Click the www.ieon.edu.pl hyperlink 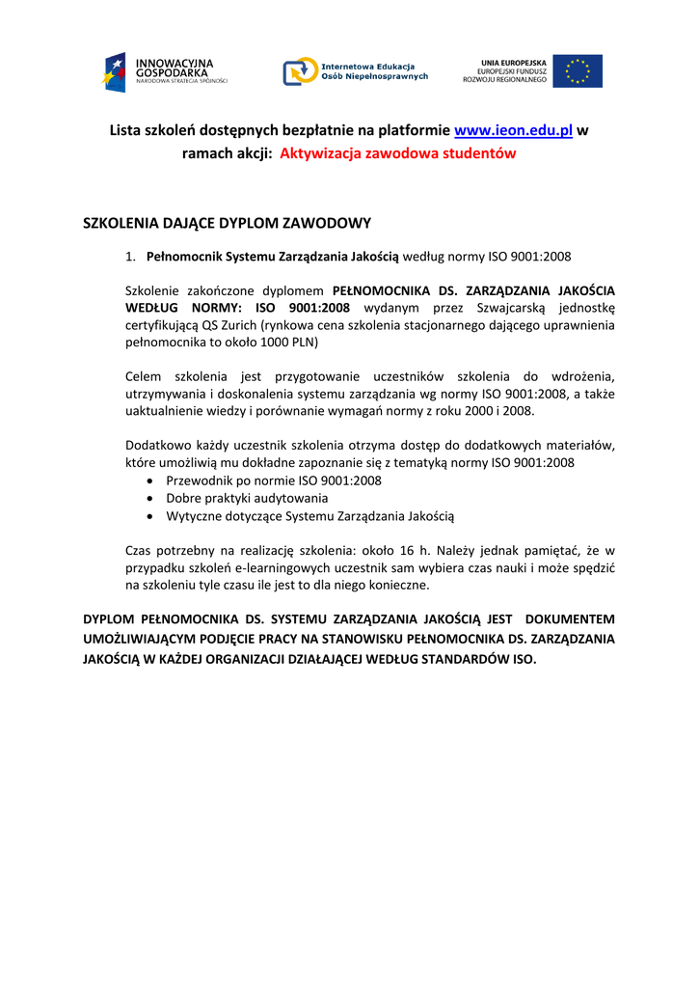[x=513, y=130]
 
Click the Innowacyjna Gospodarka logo [x=164, y=71]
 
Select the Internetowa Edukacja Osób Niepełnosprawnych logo [x=355, y=71]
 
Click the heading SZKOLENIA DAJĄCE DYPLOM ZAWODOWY [x=227, y=223]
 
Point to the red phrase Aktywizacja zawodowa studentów [x=397, y=153]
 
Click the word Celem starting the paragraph [x=147, y=376]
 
